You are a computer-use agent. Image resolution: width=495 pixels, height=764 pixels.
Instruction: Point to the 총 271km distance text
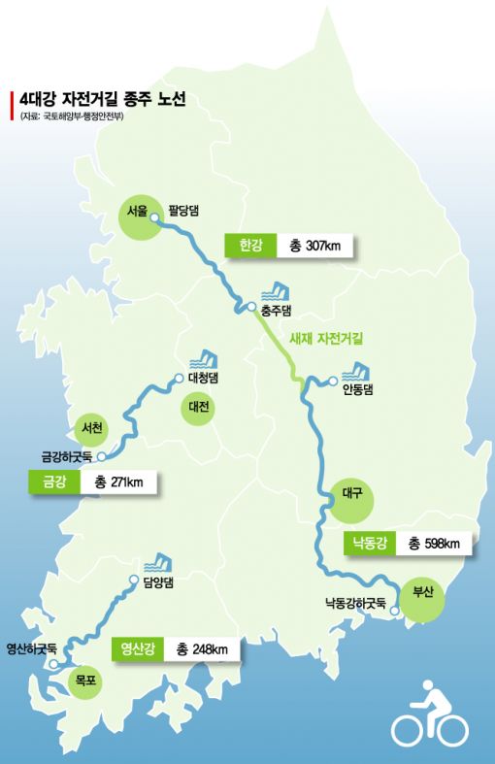coord(119,482)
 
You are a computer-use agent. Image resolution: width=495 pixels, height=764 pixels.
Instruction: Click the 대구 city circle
coord(352,494)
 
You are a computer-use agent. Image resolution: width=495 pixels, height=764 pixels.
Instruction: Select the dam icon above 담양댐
coord(157,563)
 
